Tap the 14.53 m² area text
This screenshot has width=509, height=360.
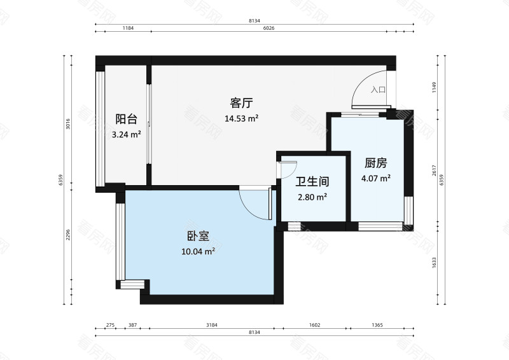pyautogui.click(x=242, y=118)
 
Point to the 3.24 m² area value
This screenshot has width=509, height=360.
pyautogui.click(x=126, y=134)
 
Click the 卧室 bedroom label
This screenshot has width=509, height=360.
pyautogui.click(x=199, y=236)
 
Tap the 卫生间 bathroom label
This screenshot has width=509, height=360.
pyautogui.click(x=312, y=181)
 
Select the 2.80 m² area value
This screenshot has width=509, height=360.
pyautogui.click(x=312, y=197)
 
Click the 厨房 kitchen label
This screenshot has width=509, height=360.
pyautogui.click(x=375, y=163)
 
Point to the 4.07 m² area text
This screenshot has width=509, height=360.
pyautogui.click(x=375, y=179)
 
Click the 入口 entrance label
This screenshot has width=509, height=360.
pyautogui.click(x=379, y=90)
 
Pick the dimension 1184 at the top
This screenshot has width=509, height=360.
pyautogui.click(x=128, y=29)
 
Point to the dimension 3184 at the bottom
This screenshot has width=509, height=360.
pyautogui.click(x=212, y=326)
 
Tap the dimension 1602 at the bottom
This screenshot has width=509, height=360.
pyautogui.click(x=315, y=326)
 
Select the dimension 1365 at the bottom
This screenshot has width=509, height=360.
pyautogui.click(x=377, y=326)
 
